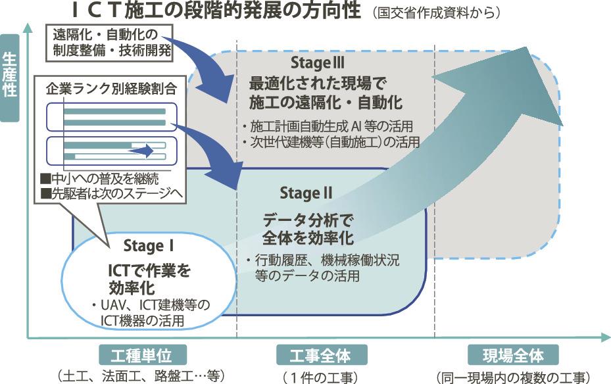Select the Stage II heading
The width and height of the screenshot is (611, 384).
coord(306,193)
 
